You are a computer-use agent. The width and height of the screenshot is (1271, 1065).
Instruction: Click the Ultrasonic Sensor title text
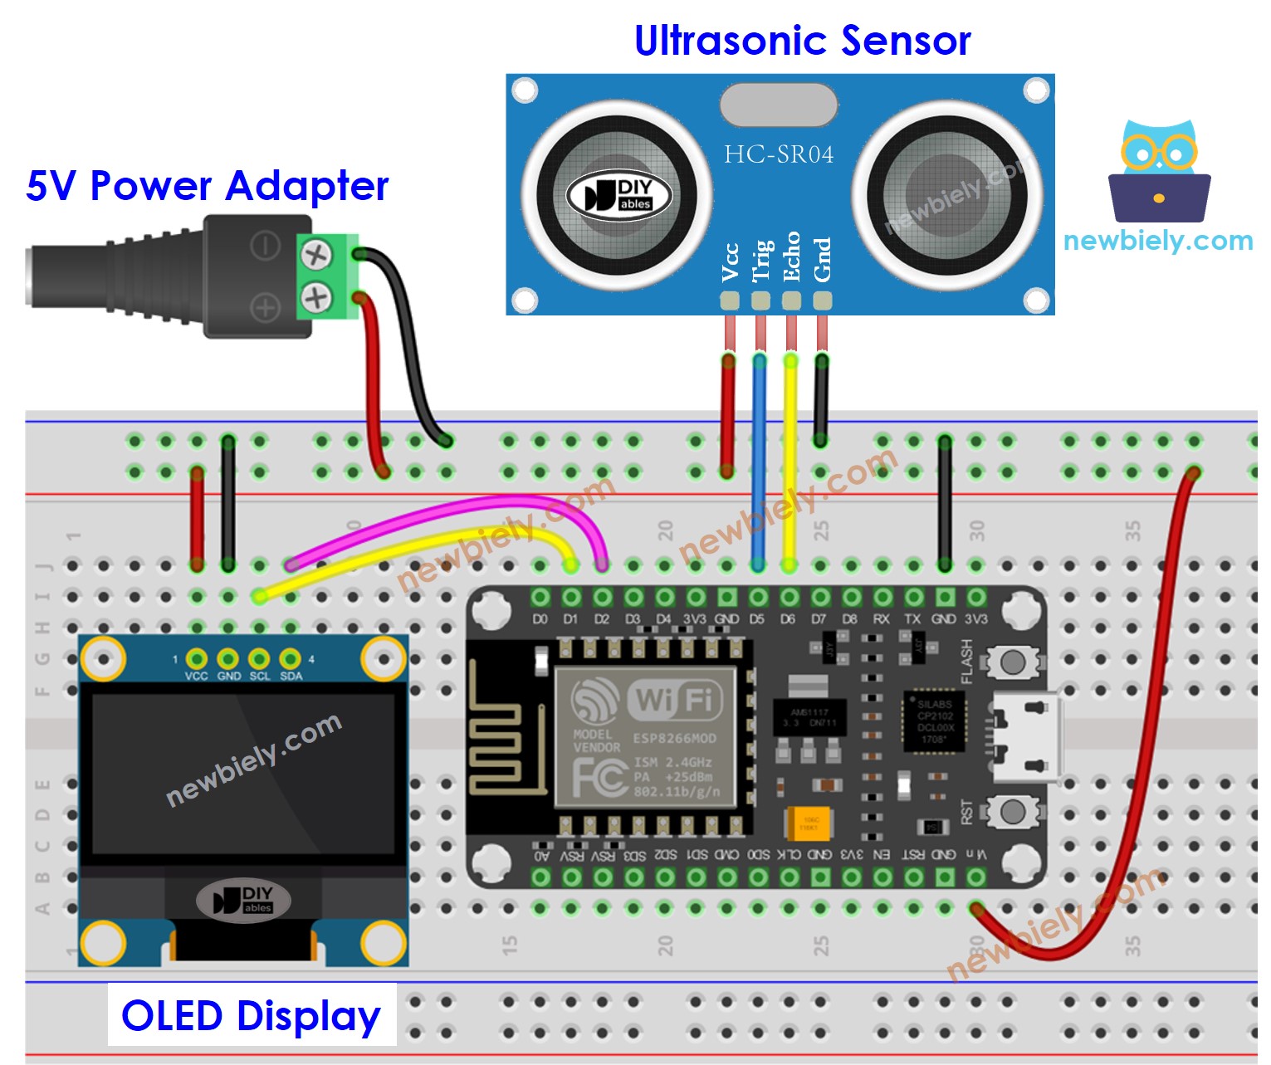pos(802,40)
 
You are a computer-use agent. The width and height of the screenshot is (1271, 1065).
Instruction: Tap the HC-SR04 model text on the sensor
pos(778,154)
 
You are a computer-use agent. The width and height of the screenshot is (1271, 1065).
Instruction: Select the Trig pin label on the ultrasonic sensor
pos(761,261)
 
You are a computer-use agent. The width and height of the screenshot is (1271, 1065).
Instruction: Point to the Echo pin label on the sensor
pos(791,257)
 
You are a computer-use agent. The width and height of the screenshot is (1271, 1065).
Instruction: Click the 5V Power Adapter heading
pos(207,185)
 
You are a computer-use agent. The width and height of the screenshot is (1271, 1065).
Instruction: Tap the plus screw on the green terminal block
pos(315,296)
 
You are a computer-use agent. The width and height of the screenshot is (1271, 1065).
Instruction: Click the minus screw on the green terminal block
pos(315,254)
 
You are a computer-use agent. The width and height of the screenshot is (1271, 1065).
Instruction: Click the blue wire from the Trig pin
pos(758,465)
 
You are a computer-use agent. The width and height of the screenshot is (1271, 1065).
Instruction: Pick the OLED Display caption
pos(251,1015)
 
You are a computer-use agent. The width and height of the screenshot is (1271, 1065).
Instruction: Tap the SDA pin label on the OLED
pos(291,676)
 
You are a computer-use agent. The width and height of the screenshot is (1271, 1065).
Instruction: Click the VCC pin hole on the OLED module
pos(197,659)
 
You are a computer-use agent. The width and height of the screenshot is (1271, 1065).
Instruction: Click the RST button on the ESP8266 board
pos(1012,810)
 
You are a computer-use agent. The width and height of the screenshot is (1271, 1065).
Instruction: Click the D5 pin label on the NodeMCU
pos(756,619)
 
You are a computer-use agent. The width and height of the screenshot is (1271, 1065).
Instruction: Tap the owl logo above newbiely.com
pos(1159,171)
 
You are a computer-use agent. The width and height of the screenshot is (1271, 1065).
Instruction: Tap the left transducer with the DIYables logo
pos(617,195)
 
